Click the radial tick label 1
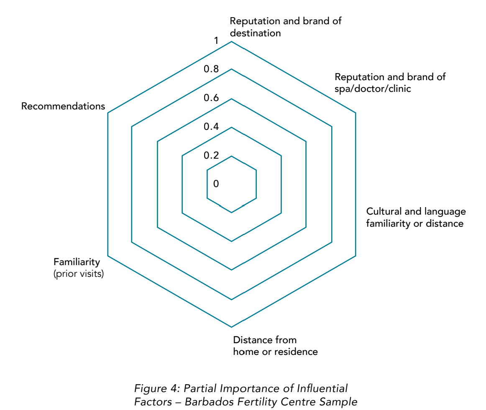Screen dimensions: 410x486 pyautogui.click(x=216, y=40)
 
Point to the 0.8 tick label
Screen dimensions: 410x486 pyautogui.click(x=211, y=69)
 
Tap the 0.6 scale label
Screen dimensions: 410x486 pyautogui.click(x=211, y=98)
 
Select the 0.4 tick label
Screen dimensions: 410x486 pyautogui.click(x=211, y=127)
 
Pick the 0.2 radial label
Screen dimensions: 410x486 pyautogui.click(x=211, y=155)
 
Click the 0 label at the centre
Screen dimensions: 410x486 pyautogui.click(x=216, y=184)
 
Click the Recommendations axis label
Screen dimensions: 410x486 pyautogui.click(x=63, y=106)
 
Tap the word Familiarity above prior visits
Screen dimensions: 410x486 pyautogui.click(x=77, y=262)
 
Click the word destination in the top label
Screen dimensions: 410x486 pyautogui.click(x=255, y=33)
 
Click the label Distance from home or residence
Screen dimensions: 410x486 pyautogui.click(x=275, y=346)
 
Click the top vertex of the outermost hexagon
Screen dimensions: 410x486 pyautogui.click(x=231, y=41)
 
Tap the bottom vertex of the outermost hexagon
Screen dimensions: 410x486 pyautogui.click(x=231, y=327)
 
